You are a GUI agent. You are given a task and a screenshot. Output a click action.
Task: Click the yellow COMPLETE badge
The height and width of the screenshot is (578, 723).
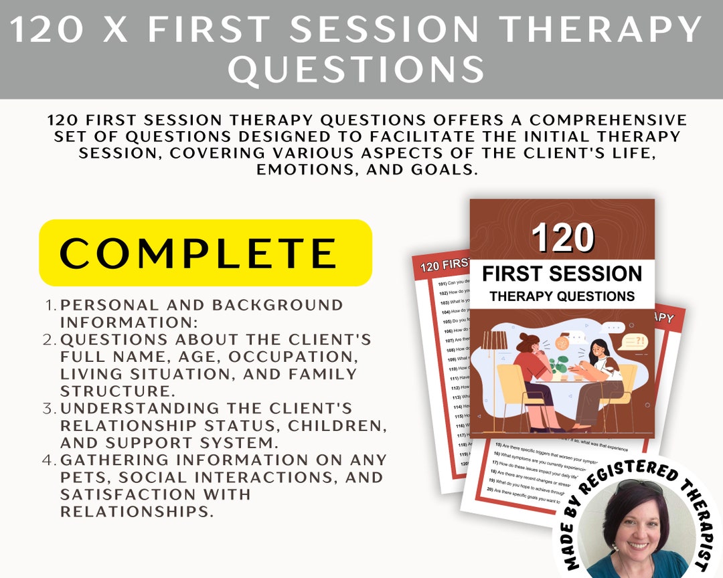(x=205, y=253)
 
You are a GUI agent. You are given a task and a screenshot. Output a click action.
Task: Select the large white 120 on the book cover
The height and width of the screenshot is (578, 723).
(x=562, y=237)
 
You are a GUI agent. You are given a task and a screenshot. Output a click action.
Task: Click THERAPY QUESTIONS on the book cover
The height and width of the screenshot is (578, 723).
(x=562, y=296)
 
